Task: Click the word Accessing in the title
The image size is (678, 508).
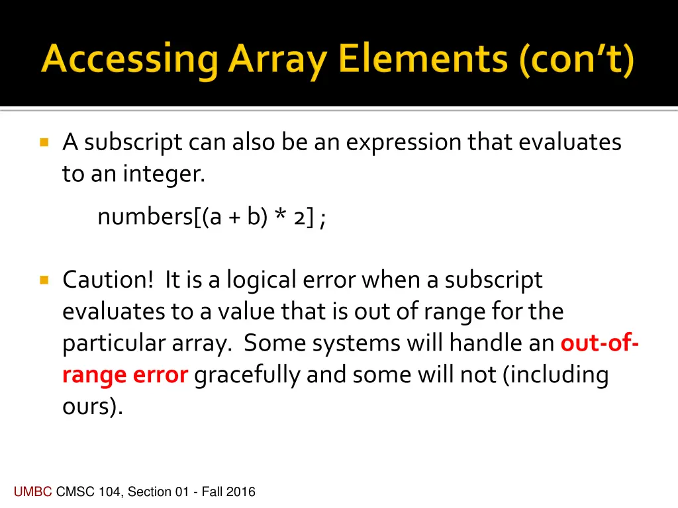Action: [129, 62]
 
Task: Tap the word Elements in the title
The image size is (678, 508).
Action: [427, 62]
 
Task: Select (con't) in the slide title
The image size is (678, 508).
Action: [576, 62]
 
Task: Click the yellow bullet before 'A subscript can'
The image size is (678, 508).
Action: [44, 142]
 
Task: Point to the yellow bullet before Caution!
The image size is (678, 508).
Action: [44, 280]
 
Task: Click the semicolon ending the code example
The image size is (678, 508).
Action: [322, 220]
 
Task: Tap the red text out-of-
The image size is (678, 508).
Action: [599, 343]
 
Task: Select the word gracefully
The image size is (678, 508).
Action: [248, 375]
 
